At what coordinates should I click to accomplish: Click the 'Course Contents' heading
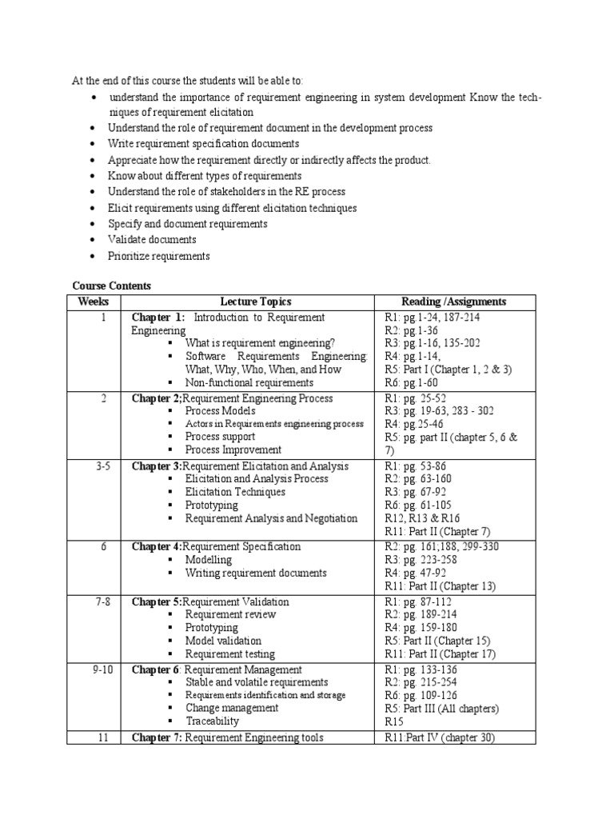coord(111,286)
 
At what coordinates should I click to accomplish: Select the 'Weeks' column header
coord(93,302)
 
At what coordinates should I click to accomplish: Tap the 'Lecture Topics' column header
coord(256,302)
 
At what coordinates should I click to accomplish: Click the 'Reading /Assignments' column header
coord(453,302)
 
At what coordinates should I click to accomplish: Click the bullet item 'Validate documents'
coord(152,240)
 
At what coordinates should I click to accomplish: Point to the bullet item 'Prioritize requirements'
coord(158,256)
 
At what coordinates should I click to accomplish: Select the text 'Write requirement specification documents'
coord(203,144)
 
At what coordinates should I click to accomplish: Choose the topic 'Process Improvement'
coord(233,449)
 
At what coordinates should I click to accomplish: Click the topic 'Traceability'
coord(213,721)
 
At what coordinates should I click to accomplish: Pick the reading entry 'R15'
coord(396,721)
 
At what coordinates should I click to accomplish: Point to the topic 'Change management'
coord(232,708)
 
